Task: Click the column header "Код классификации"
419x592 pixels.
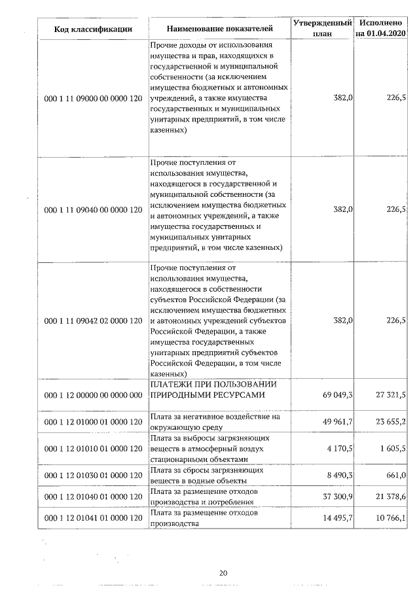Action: (93, 29)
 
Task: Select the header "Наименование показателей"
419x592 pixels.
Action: (219, 29)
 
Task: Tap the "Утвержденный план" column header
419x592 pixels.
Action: (323, 28)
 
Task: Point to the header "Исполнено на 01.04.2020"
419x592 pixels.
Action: (380, 28)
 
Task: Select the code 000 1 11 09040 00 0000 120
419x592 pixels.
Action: (93, 210)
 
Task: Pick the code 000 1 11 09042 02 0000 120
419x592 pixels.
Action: (93, 321)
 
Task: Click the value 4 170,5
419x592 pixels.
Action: (340, 449)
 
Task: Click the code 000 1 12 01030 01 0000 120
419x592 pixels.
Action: (93, 475)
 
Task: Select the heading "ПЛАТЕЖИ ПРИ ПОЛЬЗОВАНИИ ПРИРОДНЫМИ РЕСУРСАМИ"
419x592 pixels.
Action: (213, 390)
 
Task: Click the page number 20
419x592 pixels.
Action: (223, 574)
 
